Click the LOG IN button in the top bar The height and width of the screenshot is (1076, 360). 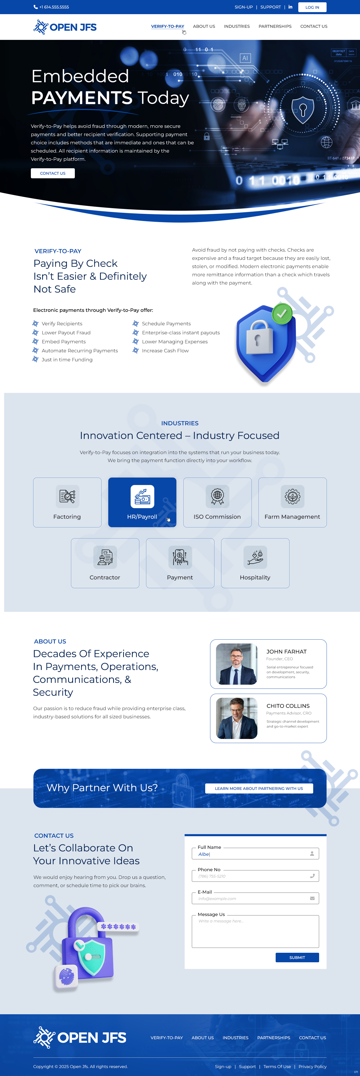(312, 7)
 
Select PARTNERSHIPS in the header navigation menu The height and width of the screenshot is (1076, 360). (275, 26)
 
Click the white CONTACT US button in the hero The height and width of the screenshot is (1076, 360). (53, 173)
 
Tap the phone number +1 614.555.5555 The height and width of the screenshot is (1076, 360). (54, 7)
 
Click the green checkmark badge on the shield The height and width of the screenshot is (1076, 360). (282, 313)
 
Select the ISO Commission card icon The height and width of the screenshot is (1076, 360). (217, 496)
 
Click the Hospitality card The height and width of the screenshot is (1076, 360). (255, 563)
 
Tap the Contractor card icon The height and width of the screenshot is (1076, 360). (105, 557)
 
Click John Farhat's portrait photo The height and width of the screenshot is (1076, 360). (236, 664)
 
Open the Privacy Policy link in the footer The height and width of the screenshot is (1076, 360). (312, 1066)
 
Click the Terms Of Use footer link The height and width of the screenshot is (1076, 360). (277, 1066)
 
